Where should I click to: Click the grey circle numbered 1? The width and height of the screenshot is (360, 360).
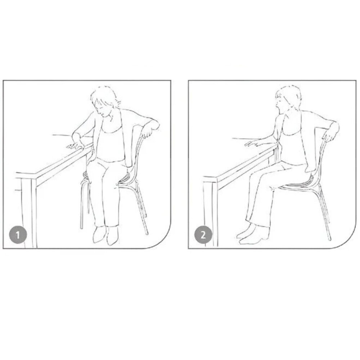[18, 235]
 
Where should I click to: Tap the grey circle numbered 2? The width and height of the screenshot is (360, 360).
[203, 235]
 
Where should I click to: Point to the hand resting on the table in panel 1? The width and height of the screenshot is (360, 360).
[74, 145]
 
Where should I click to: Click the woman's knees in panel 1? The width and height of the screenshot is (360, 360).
[101, 170]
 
